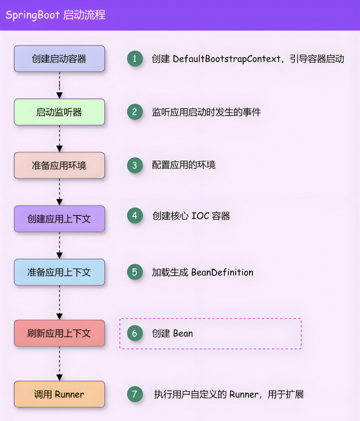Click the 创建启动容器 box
59,59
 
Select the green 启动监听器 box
59,112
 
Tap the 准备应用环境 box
59,165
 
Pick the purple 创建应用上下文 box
59,219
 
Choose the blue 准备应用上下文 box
59,272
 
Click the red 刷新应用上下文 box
59,333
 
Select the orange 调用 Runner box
59,394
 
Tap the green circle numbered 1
135,59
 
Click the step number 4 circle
135,216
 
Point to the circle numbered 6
135,333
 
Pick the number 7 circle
135,394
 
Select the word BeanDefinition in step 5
222,272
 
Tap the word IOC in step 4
200,216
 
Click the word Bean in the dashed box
183,333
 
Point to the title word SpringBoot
33,15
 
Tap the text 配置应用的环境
183,165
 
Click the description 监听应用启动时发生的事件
206,112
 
